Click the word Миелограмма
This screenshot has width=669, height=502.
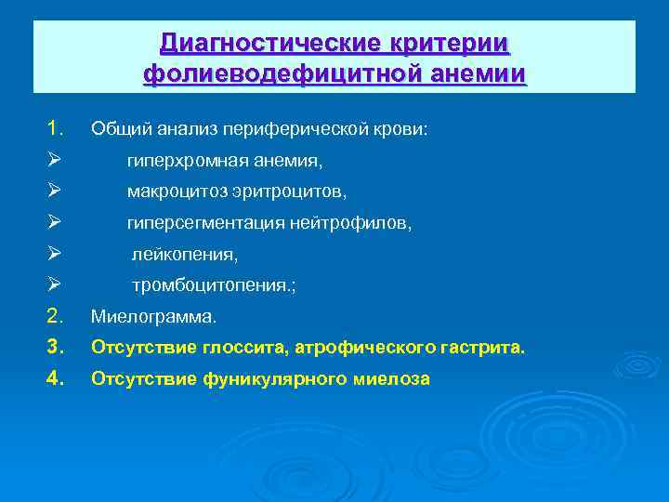point(153,318)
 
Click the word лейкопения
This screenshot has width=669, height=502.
point(184,254)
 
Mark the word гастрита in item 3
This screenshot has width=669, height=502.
point(490,349)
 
